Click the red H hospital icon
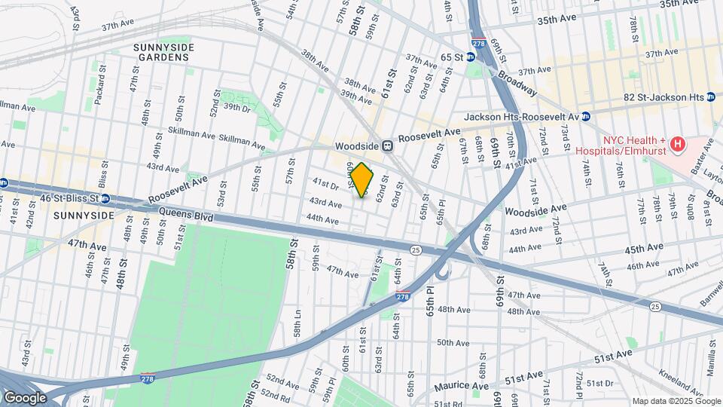tap(678, 143)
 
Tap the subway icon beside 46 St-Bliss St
tap(105, 199)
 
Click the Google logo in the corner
tap(25, 397)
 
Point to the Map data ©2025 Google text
tap(676, 401)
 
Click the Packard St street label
tap(102, 76)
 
